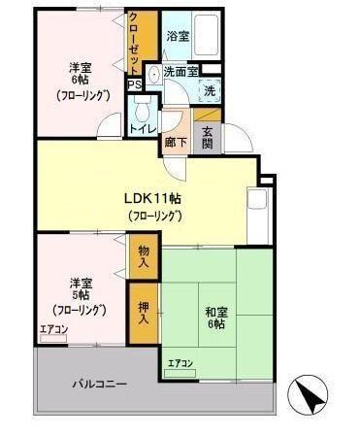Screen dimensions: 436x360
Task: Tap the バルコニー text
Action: [99, 385]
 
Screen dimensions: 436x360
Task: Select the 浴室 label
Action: [177, 36]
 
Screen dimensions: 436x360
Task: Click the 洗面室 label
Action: [180, 71]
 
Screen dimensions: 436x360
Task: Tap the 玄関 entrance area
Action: [209, 138]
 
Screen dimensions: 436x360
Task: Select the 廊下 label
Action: [177, 139]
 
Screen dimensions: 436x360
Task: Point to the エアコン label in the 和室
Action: [180, 363]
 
